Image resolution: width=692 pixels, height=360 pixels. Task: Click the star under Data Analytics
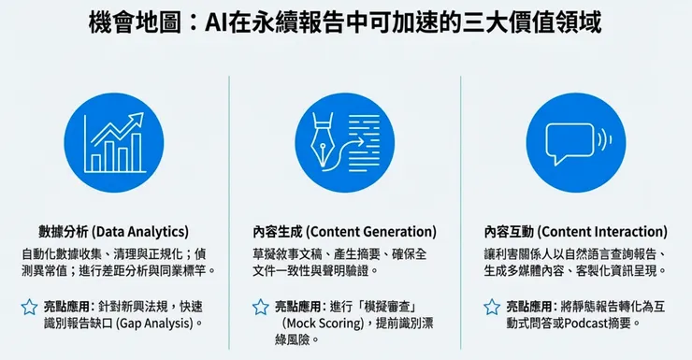tap(30, 306)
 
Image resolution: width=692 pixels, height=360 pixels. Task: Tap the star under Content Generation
tap(261, 306)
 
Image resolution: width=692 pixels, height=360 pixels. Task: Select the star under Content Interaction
tap(492, 306)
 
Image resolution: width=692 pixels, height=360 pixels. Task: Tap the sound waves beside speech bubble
tap(606, 140)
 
